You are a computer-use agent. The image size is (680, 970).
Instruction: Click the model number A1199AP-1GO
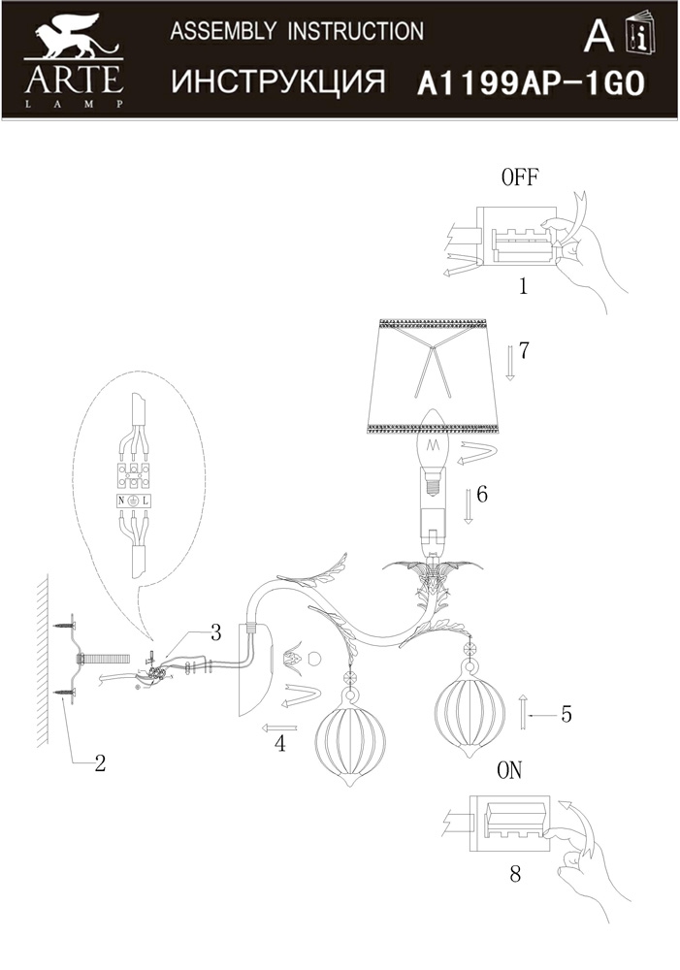pos(531,83)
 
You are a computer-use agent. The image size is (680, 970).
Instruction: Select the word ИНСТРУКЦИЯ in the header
pos(277,81)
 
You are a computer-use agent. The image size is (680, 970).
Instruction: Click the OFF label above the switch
pos(520,177)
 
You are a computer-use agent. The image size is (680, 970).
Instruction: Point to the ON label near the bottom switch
pos(509,770)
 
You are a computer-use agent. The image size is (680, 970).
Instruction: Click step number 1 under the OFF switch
pos(524,286)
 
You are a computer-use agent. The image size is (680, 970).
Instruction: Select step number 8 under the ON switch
pos(515,874)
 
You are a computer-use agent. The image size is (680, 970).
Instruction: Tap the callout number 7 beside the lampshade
pos(524,351)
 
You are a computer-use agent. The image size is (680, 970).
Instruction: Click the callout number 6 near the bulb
pos(482,495)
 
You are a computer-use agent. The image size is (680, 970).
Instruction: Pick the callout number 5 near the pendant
pos(567,715)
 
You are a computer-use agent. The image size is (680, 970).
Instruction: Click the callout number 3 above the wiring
pos(215,632)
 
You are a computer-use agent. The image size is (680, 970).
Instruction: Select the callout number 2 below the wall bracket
pos(100,762)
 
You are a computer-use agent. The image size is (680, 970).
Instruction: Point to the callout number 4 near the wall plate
pos(280,744)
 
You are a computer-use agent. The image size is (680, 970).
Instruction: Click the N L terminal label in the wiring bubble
pos(133,501)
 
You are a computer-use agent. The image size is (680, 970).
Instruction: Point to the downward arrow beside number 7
pos(510,363)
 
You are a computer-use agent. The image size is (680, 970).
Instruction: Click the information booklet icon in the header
pos(640,32)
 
